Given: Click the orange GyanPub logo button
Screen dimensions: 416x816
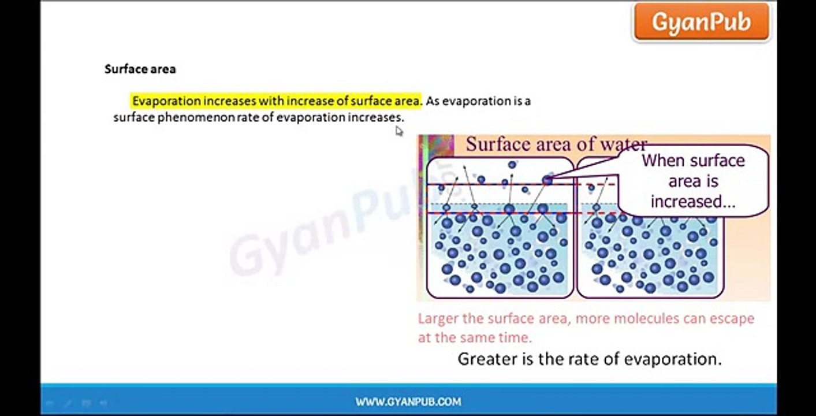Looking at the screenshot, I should (701, 23).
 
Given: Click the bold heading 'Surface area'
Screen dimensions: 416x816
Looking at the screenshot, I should (140, 69).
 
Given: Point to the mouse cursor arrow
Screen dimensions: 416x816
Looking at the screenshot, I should (398, 131).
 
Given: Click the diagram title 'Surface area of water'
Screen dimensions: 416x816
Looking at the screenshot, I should (556, 144).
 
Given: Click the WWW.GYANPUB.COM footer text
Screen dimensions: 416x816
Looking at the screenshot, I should (408, 402).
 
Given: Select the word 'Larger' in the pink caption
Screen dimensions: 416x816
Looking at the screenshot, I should (437, 318).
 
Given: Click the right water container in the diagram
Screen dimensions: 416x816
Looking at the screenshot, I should (650, 254).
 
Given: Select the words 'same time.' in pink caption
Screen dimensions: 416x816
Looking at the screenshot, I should (501, 337).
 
